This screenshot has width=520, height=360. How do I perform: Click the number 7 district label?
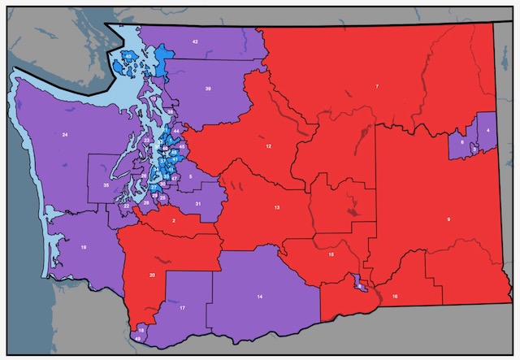point(377,86)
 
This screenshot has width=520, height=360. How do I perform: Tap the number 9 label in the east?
point(447,219)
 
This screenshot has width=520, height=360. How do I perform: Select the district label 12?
point(267,146)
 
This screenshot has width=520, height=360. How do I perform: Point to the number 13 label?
point(277,208)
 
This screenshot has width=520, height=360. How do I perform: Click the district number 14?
point(260,298)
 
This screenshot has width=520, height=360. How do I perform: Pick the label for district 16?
point(395,297)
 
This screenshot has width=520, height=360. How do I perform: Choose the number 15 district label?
point(331,255)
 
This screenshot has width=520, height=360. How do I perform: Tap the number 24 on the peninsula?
point(64,133)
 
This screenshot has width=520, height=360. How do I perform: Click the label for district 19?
point(84,246)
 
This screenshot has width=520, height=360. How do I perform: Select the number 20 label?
point(152,275)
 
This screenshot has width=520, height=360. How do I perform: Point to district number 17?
point(183,308)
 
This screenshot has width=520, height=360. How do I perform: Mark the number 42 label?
point(195,41)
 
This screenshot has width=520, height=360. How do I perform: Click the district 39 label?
point(208,88)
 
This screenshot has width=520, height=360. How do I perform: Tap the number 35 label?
point(106,186)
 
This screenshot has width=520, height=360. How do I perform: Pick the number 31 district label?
point(197,204)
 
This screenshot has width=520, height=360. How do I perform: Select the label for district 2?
point(173,220)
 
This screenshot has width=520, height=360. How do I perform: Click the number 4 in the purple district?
point(487,130)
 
